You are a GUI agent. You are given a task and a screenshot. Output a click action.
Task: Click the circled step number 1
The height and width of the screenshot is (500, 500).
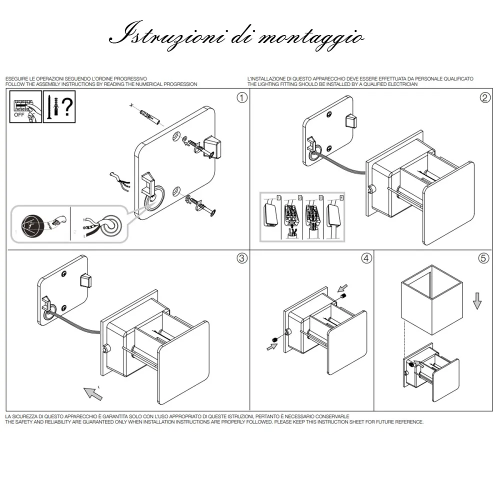(242, 98)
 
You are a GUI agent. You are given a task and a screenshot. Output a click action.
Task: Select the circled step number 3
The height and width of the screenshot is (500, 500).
(242, 258)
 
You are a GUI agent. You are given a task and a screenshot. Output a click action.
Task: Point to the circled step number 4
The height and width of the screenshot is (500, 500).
(366, 258)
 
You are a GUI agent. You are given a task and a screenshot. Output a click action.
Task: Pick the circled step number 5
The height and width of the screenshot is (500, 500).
(483, 258)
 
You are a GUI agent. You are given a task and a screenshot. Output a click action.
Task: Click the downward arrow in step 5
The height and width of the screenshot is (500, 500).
(477, 300)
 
